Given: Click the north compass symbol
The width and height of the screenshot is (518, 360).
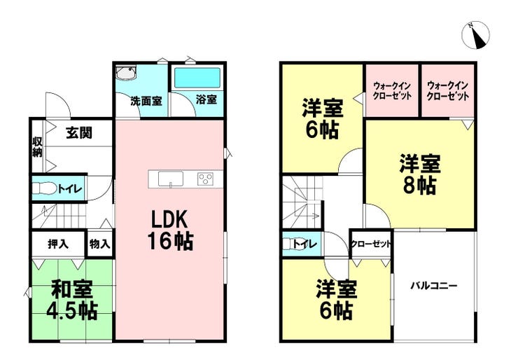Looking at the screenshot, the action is [476, 36].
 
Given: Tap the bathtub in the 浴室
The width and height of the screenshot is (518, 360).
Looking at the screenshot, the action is [197, 78].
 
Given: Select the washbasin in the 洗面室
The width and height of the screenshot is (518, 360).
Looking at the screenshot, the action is [126, 74].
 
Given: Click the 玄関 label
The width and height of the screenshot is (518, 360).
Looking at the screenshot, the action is [79, 132].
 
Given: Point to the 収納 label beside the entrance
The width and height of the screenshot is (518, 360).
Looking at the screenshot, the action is [37, 147].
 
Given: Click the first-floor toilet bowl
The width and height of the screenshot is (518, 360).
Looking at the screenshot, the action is [41, 189].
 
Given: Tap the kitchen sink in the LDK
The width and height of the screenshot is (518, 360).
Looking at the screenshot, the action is [171, 179].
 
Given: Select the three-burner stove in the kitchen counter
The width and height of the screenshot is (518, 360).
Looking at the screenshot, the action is [206, 179].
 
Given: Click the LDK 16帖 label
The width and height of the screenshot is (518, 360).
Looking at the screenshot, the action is [170, 230].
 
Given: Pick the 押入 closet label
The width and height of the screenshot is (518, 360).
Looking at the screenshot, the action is [58, 244].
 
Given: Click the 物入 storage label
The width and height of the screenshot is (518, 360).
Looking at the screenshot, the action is [99, 244].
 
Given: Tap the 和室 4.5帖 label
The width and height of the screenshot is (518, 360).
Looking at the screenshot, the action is [72, 300].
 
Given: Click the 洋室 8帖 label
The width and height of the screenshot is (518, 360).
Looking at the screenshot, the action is [420, 174].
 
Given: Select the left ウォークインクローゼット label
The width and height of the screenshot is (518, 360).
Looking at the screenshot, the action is [392, 91].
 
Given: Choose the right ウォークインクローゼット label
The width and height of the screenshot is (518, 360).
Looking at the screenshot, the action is [447, 91].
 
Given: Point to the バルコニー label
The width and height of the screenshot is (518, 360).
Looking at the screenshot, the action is [434, 285].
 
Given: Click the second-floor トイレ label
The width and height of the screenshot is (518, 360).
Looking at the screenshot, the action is [305, 244].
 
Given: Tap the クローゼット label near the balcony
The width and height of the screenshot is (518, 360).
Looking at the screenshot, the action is [371, 244].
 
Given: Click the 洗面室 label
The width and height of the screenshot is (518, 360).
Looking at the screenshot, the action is [146, 101].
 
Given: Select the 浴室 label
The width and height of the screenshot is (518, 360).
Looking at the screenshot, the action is [206, 99].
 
